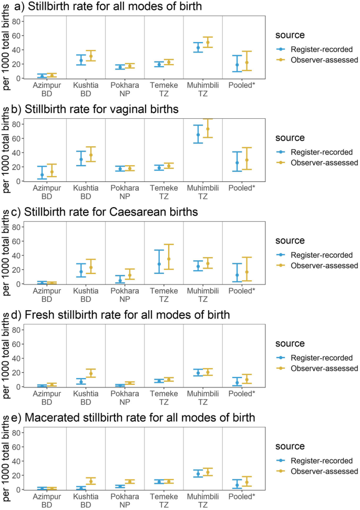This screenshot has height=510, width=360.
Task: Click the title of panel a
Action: point(116,7)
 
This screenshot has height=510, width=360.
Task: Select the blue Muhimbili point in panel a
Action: point(198,48)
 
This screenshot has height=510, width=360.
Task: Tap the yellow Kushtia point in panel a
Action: point(90,56)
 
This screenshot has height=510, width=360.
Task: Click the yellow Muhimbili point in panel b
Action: point(208,129)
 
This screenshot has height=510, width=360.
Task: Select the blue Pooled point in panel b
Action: point(237,163)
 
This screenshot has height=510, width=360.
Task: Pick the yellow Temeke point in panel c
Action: point(169,259)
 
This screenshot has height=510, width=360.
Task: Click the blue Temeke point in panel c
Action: point(159,264)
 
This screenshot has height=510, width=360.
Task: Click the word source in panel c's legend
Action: point(290,240)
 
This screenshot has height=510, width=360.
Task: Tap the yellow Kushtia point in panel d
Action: point(90,373)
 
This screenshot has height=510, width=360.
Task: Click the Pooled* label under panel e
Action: point(242,496)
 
